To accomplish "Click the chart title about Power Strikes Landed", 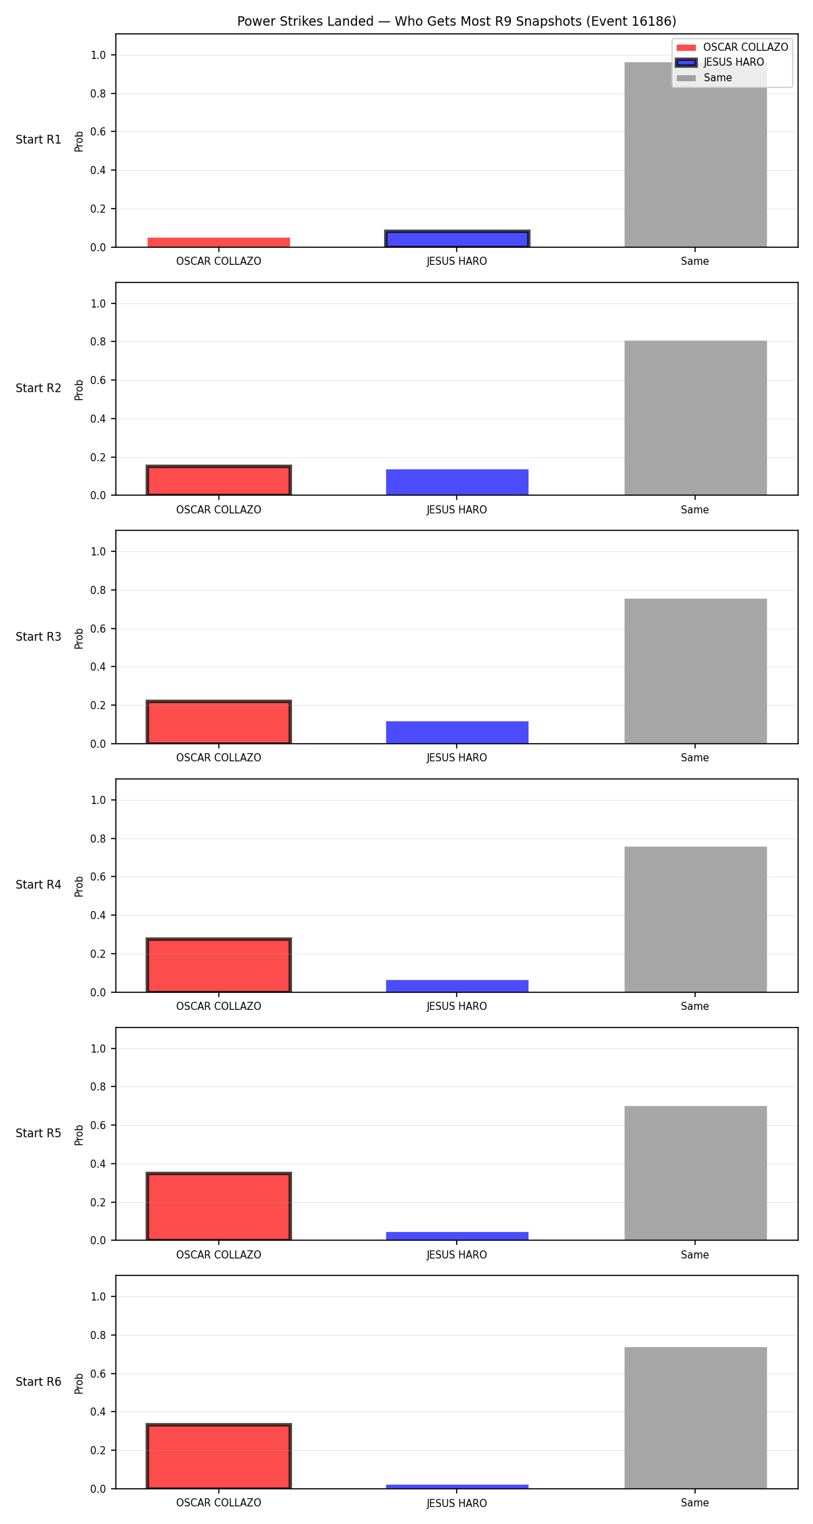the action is (x=457, y=22).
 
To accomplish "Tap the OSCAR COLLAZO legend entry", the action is (x=732, y=47).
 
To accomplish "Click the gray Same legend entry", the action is (x=705, y=78).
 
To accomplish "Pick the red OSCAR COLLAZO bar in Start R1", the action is (x=219, y=242).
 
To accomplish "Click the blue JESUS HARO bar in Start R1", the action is (x=457, y=239).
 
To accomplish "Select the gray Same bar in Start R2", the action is (x=696, y=418).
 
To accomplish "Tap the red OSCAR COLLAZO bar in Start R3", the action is (x=219, y=723).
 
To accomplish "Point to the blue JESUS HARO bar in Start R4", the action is (x=457, y=986).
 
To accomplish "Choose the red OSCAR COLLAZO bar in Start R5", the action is (x=219, y=1207).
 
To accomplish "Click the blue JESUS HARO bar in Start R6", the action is (x=457, y=1487).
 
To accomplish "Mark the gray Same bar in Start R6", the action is (x=696, y=1418).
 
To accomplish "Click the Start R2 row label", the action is (x=39, y=388).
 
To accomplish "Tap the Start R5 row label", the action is (x=39, y=1133).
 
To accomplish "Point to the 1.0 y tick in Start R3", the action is (x=99, y=552).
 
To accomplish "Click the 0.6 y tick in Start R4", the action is (x=99, y=877).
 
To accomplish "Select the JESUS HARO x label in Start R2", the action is (x=457, y=510).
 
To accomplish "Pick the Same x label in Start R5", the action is (x=695, y=1255).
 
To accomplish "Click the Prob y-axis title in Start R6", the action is (x=79, y=1384).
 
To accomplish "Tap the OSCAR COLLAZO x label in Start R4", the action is (x=219, y=1007).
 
